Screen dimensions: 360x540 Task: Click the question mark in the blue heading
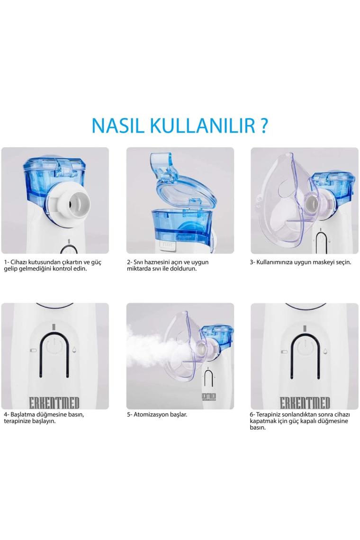(x=263, y=126)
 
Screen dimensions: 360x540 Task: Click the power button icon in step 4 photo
(x=54, y=346)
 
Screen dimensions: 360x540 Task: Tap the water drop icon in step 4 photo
(x=75, y=350)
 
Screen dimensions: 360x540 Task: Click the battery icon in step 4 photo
(x=33, y=350)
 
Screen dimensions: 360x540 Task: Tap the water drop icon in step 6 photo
(x=326, y=351)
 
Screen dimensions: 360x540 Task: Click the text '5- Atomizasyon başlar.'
(x=157, y=414)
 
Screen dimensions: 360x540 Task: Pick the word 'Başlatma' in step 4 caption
(x=22, y=414)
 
